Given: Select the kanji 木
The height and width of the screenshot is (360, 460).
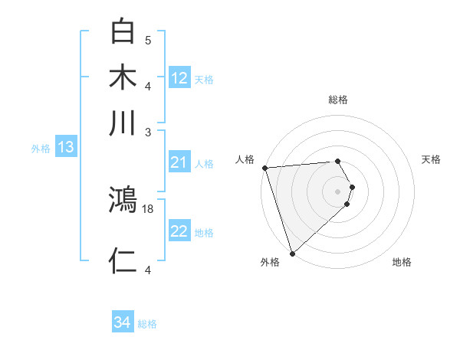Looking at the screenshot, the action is coord(123,78).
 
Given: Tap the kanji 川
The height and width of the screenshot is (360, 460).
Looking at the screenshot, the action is coord(123,123).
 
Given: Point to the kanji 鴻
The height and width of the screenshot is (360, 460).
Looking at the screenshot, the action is coord(123,201).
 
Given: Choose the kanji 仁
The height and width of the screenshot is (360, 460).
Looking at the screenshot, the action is coord(123,261).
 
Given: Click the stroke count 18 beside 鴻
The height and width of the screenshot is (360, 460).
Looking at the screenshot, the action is coord(149,208).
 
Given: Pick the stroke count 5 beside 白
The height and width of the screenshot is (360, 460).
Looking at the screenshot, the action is coord(148,40).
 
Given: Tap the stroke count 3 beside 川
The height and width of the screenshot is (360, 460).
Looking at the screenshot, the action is coord(149,131).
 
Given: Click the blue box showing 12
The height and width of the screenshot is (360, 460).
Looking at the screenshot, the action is coord(179,78).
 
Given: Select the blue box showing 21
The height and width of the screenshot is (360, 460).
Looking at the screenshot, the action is coord(179,162).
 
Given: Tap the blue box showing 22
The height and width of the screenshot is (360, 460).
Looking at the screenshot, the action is coord(179,231).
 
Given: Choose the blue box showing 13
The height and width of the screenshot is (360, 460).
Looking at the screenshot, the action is coord(65,147).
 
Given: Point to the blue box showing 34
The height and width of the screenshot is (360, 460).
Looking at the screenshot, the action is coord(123,322).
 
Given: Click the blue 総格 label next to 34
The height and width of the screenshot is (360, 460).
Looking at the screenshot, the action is coord(147,324).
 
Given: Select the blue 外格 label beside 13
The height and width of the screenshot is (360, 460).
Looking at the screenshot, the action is coord(40,148).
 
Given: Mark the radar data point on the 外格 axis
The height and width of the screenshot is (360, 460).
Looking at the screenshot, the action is coord(292,253).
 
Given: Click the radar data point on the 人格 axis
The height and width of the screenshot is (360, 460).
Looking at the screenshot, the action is coord(264,168).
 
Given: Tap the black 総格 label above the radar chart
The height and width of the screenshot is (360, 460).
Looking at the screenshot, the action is coord(337,100).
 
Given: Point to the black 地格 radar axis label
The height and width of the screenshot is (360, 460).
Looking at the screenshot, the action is coord(402,262).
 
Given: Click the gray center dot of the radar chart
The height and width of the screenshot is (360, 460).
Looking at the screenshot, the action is coord(337,191).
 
